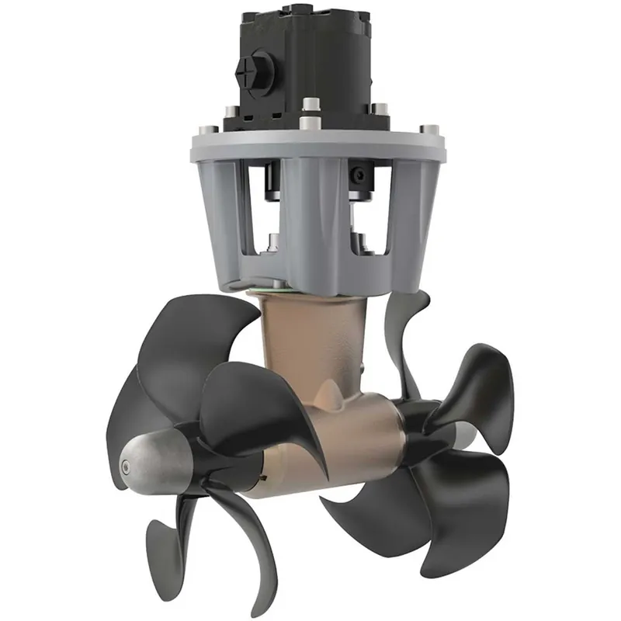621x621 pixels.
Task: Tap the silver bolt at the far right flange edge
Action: point(426,127)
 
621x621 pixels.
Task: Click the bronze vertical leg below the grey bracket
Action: point(314,342)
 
